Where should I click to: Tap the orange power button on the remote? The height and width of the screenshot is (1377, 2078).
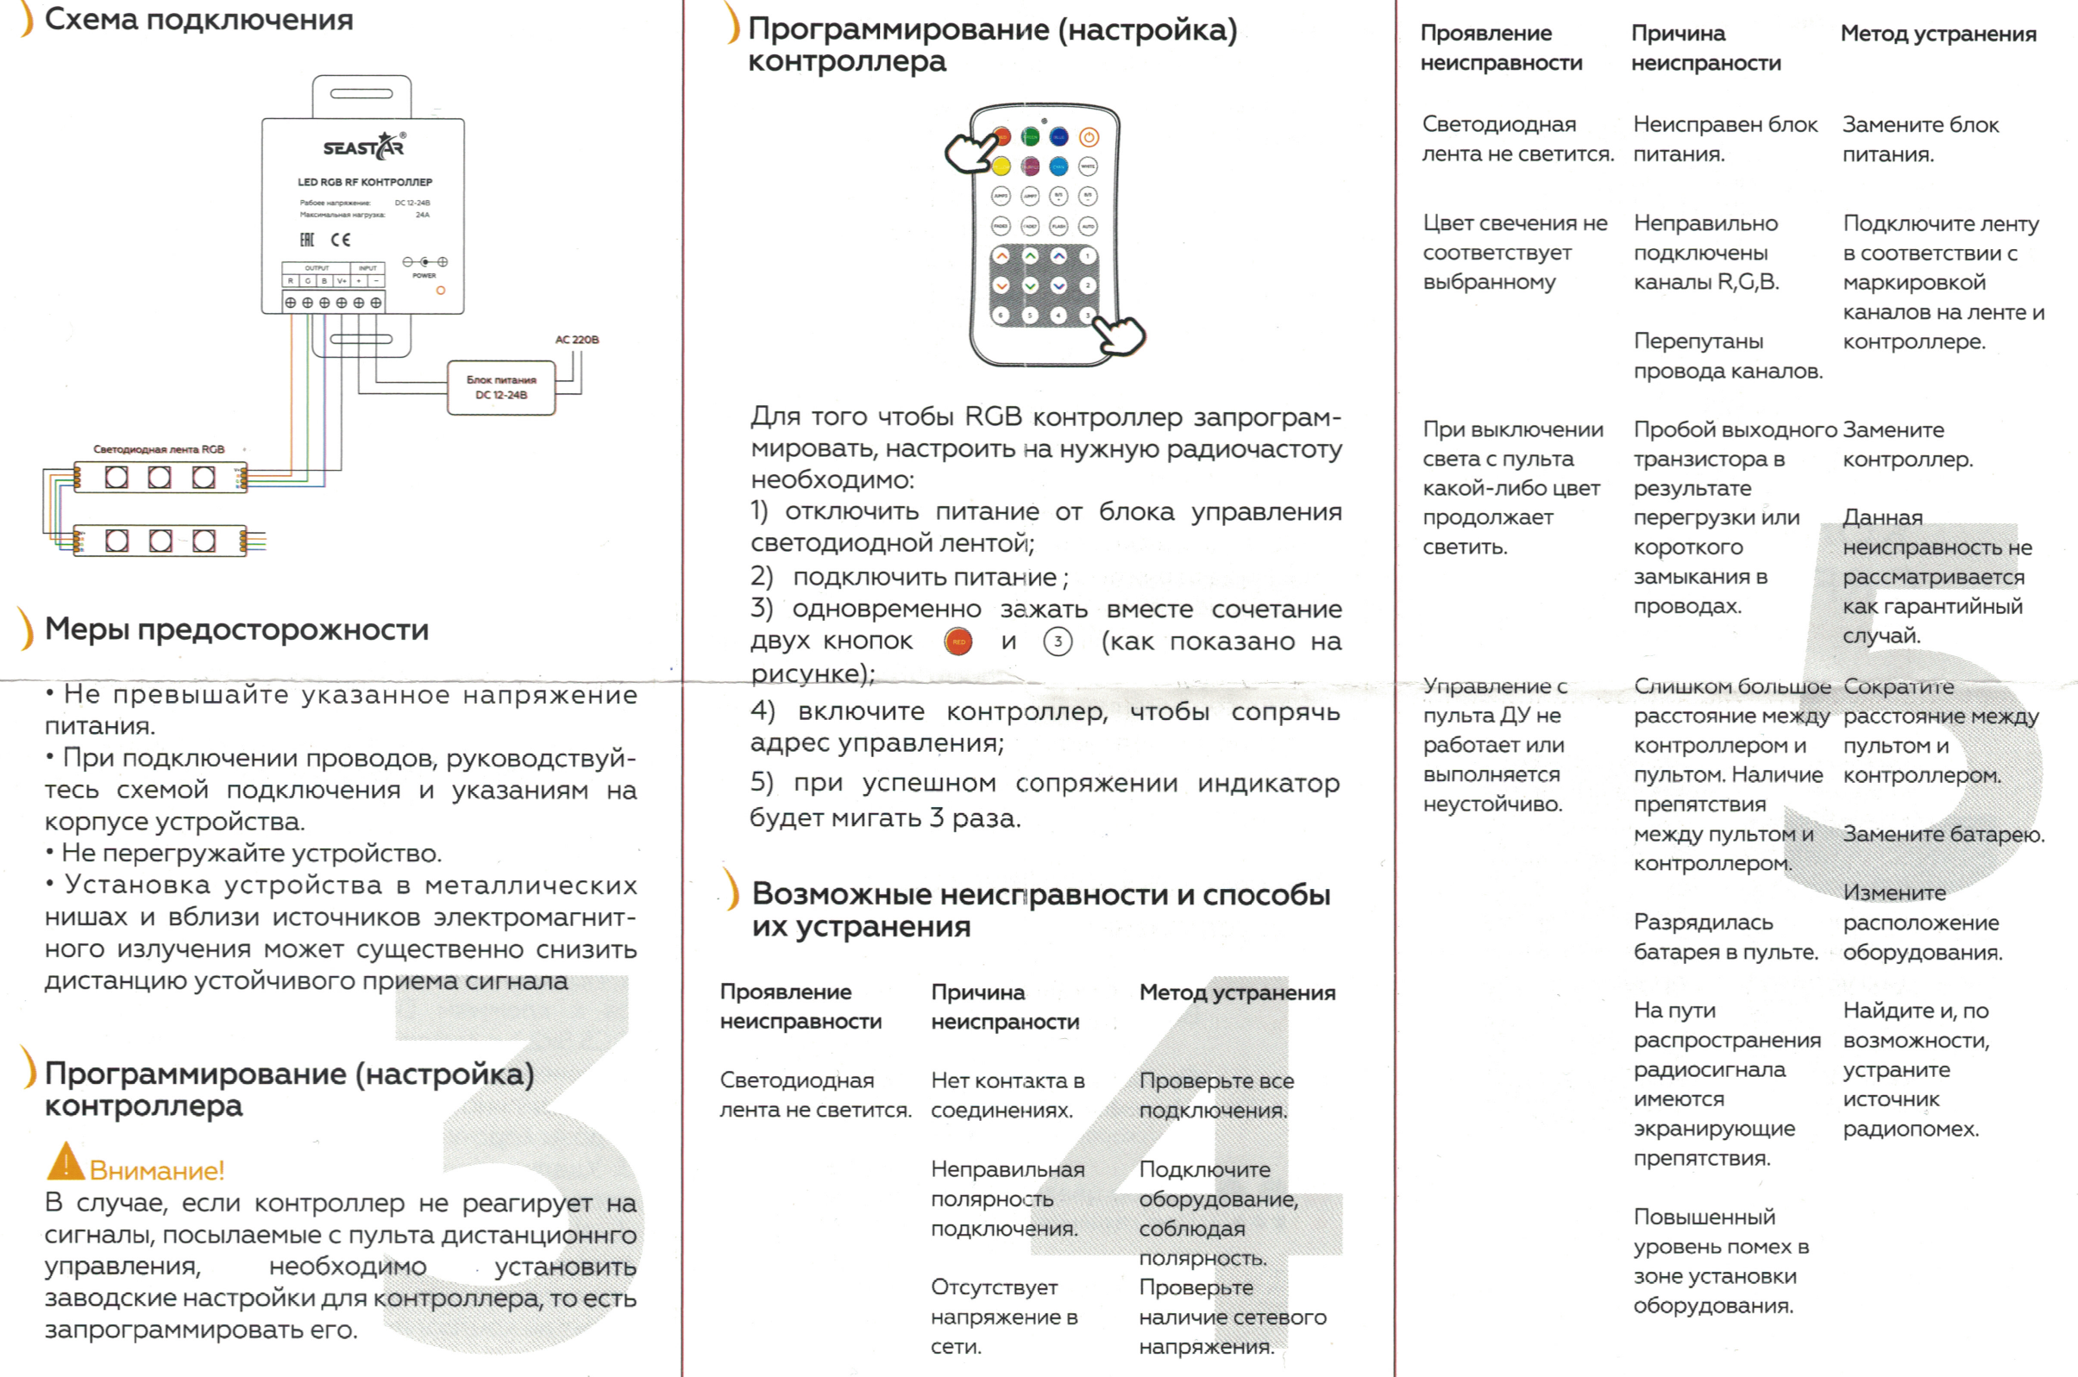point(1089,137)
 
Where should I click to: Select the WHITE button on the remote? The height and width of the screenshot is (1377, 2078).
point(1089,166)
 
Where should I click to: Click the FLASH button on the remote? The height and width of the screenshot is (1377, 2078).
point(1059,227)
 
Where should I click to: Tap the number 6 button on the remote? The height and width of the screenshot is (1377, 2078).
point(1001,316)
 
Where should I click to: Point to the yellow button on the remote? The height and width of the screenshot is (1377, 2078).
point(1002,166)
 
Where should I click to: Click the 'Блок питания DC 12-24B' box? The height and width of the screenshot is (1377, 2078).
point(500,387)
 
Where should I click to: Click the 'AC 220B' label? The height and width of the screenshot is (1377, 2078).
point(576,340)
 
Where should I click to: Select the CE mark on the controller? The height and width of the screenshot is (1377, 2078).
point(341,240)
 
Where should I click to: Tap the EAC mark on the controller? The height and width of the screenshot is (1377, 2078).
point(307,240)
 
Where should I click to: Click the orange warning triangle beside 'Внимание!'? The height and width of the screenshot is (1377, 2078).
point(65,1162)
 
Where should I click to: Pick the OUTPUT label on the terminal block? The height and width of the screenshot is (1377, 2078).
point(317,268)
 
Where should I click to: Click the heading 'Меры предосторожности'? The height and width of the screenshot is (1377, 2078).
point(236,629)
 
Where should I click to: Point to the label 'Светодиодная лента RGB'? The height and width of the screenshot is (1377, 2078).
point(159,448)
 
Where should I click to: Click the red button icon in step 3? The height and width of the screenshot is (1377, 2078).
point(958,642)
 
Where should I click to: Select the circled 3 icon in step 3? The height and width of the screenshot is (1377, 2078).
point(1058,642)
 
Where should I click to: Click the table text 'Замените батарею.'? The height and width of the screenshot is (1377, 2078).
point(1943,835)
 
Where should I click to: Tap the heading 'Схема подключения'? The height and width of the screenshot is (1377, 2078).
point(198,19)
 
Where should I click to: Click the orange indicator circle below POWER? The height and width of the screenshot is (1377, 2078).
point(441,290)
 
